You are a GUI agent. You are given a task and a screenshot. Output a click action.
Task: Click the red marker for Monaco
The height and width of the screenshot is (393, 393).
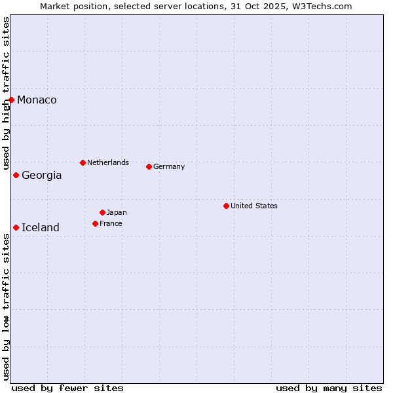[x=12, y=100]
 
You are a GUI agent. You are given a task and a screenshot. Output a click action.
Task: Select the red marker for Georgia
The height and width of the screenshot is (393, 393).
[x=16, y=175]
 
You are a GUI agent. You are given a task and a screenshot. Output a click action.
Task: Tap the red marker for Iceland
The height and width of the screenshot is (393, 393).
[x=16, y=227]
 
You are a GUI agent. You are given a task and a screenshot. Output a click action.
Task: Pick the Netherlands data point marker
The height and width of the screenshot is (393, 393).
[x=83, y=162]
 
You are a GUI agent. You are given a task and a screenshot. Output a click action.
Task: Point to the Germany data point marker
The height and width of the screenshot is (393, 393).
[x=149, y=166]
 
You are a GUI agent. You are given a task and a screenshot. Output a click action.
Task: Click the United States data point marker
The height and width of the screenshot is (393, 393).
[x=226, y=206]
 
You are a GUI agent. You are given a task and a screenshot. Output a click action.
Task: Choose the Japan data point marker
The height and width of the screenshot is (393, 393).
[x=102, y=212]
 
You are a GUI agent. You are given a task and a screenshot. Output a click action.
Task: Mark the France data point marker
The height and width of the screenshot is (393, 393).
[x=95, y=223]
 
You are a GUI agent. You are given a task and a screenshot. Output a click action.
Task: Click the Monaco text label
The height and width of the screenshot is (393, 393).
[x=37, y=100]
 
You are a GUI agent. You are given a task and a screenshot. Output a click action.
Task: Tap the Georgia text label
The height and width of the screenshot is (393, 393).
[x=42, y=175]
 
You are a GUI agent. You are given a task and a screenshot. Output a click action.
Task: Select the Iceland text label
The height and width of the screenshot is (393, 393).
[x=41, y=227]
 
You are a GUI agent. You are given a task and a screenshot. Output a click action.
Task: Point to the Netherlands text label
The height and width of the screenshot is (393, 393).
[x=108, y=162]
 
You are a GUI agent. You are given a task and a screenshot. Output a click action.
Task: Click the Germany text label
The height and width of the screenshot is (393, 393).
[x=169, y=166]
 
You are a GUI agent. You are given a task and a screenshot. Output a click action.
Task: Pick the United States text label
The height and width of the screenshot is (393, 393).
[x=254, y=206]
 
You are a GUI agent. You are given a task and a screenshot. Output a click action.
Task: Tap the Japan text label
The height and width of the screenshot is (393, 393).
[x=117, y=212]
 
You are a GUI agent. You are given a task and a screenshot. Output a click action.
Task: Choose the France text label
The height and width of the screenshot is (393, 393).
[x=111, y=223]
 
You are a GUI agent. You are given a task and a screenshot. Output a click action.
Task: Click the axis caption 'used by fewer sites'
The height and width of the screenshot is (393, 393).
[x=67, y=388]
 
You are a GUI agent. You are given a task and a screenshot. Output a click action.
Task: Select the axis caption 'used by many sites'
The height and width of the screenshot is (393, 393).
[x=329, y=388]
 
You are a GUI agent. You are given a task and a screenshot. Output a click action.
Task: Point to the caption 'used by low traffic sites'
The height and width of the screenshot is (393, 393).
[x=6, y=307]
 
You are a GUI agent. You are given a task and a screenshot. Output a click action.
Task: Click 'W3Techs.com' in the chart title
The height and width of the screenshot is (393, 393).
[x=324, y=6]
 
